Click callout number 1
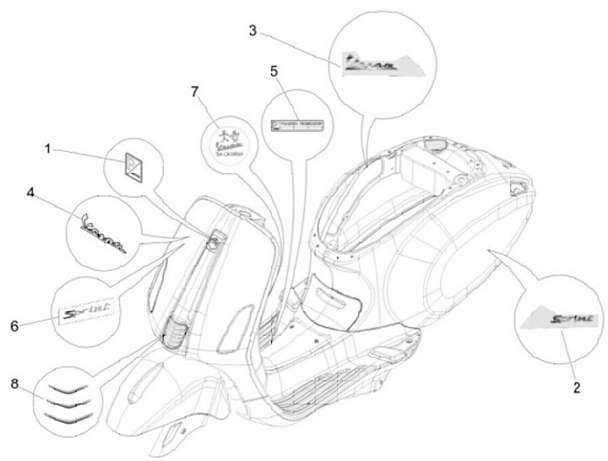click(x=48, y=149)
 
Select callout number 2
click(x=576, y=388)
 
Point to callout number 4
click(x=30, y=193)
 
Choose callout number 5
click(x=274, y=70)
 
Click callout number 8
click(x=14, y=384)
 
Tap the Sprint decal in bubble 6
click(x=89, y=313)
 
